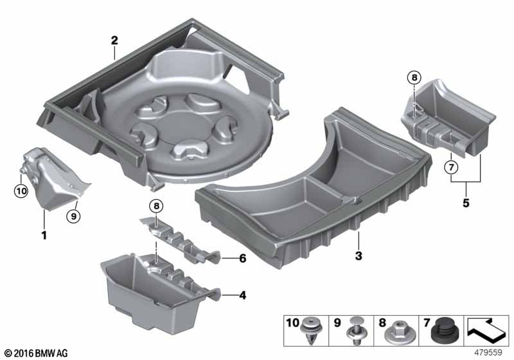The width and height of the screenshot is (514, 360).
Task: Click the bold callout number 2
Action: point(114,40)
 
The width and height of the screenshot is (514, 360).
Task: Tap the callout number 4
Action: point(242,296)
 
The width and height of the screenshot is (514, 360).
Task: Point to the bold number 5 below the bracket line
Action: point(466,204)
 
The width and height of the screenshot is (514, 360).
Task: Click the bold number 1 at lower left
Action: point(44,235)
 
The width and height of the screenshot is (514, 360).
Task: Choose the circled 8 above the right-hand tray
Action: point(414,78)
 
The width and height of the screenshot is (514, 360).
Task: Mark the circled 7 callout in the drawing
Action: point(450,169)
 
